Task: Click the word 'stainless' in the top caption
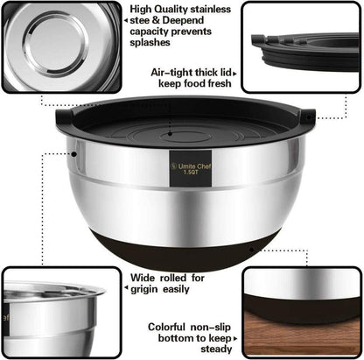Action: click(210, 9)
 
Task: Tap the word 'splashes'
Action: click(150, 43)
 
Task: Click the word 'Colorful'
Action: click(166, 327)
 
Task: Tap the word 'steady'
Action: click(216, 349)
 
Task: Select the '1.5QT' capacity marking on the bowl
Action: click(191, 173)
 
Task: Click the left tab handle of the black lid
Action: click(65, 116)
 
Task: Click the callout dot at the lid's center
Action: click(170, 134)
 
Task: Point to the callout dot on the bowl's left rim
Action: click(74, 153)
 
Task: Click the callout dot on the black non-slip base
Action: click(251, 250)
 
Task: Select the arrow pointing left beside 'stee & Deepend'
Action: click(126, 21)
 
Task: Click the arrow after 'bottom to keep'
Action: click(234, 339)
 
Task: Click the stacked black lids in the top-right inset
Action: click(304, 50)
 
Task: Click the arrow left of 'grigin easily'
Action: click(126, 288)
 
